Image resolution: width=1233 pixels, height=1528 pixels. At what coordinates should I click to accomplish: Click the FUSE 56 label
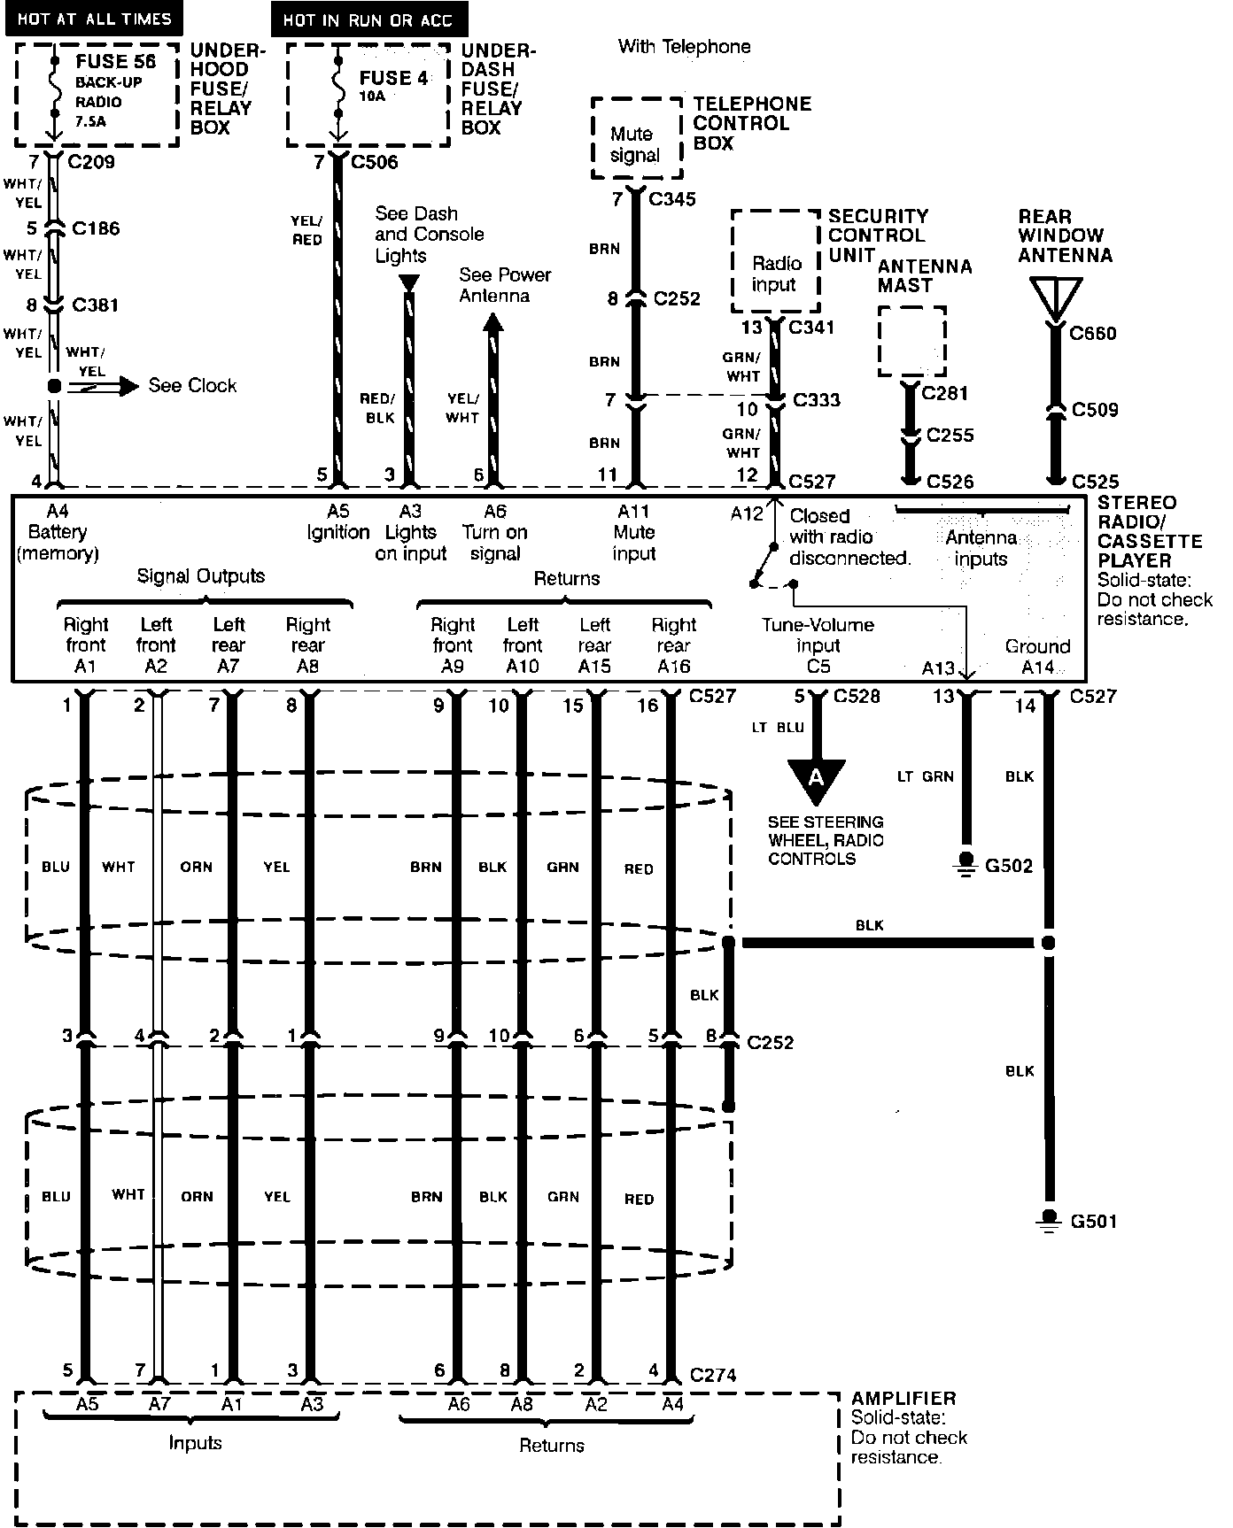click(115, 62)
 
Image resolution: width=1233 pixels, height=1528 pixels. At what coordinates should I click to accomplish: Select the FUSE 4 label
click(393, 78)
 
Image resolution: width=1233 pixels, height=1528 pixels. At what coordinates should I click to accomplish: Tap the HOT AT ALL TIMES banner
click(94, 19)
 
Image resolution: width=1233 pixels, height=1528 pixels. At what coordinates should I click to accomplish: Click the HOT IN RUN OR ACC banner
click(368, 19)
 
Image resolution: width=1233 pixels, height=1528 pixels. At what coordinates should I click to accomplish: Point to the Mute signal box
click(635, 144)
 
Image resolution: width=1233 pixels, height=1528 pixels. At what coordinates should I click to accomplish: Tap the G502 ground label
click(1009, 866)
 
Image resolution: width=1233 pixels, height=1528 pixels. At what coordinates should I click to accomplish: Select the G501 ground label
click(1093, 1222)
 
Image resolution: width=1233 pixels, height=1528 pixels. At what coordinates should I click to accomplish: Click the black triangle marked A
click(816, 778)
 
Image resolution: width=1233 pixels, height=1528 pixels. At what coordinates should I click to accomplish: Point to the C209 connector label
click(91, 162)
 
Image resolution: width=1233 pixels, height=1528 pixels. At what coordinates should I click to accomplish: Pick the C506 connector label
click(375, 162)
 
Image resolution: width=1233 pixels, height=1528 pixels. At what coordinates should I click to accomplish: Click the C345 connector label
click(672, 199)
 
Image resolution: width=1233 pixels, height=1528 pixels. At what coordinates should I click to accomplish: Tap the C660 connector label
click(1093, 334)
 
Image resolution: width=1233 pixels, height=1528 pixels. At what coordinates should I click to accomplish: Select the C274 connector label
click(713, 1375)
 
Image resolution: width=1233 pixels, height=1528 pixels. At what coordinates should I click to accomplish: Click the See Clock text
click(192, 386)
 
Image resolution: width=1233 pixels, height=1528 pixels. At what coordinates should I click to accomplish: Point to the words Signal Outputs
click(200, 576)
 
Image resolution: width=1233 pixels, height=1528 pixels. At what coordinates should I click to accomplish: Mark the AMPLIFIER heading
click(903, 1399)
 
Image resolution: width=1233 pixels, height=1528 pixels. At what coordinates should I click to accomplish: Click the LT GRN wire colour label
click(926, 776)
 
